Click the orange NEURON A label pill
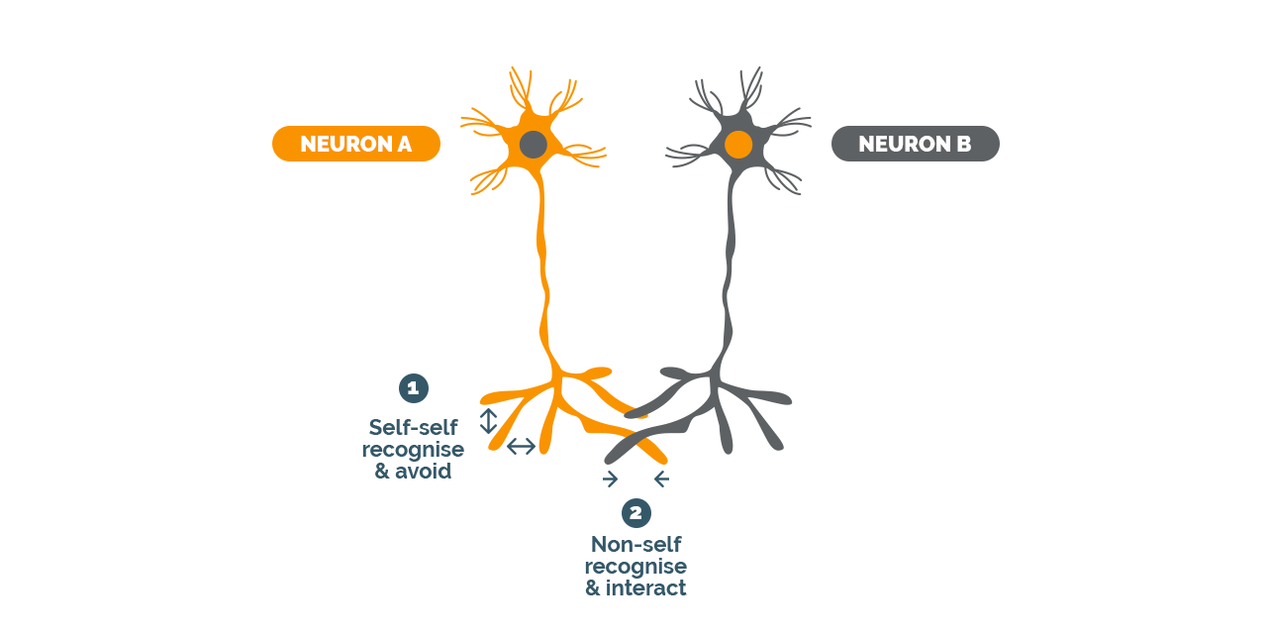(x=355, y=144)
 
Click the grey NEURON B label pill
(x=915, y=144)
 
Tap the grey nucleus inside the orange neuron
(x=534, y=144)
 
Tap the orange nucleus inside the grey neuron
(x=738, y=144)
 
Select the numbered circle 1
(x=414, y=388)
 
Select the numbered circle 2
(x=636, y=513)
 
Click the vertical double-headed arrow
(x=488, y=421)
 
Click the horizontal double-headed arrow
(x=522, y=446)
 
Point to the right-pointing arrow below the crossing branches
(x=610, y=479)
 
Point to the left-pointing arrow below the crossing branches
(x=661, y=479)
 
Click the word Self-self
(x=413, y=427)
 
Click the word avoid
(x=424, y=472)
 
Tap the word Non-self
(x=635, y=544)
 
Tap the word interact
(x=645, y=587)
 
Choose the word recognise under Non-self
(x=635, y=567)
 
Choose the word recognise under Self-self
(x=413, y=450)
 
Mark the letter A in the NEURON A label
(x=404, y=144)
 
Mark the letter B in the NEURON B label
(x=964, y=144)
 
